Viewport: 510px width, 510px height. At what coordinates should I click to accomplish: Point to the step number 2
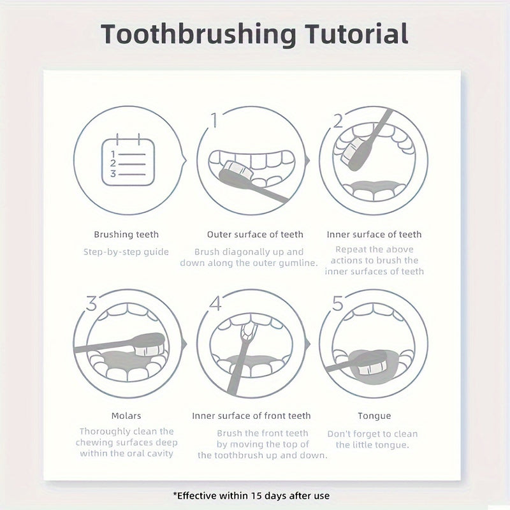tap(339, 120)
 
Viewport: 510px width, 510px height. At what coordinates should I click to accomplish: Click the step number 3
tap(91, 302)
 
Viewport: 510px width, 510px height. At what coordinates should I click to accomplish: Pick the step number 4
tap(215, 303)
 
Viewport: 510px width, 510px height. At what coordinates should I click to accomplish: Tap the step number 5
tap(337, 303)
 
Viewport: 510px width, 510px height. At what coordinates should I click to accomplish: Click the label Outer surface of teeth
tap(255, 235)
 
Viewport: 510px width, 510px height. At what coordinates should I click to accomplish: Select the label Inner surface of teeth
tap(374, 235)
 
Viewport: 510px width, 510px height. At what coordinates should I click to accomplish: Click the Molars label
tap(126, 416)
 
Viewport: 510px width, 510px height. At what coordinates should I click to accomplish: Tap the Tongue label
tap(374, 416)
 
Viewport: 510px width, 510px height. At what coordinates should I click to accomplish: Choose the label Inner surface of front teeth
tap(251, 416)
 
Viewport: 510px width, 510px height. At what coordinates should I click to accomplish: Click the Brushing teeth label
tap(126, 235)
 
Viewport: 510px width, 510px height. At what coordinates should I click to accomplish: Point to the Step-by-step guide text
tap(126, 251)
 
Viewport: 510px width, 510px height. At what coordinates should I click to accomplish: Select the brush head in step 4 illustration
tap(249, 330)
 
